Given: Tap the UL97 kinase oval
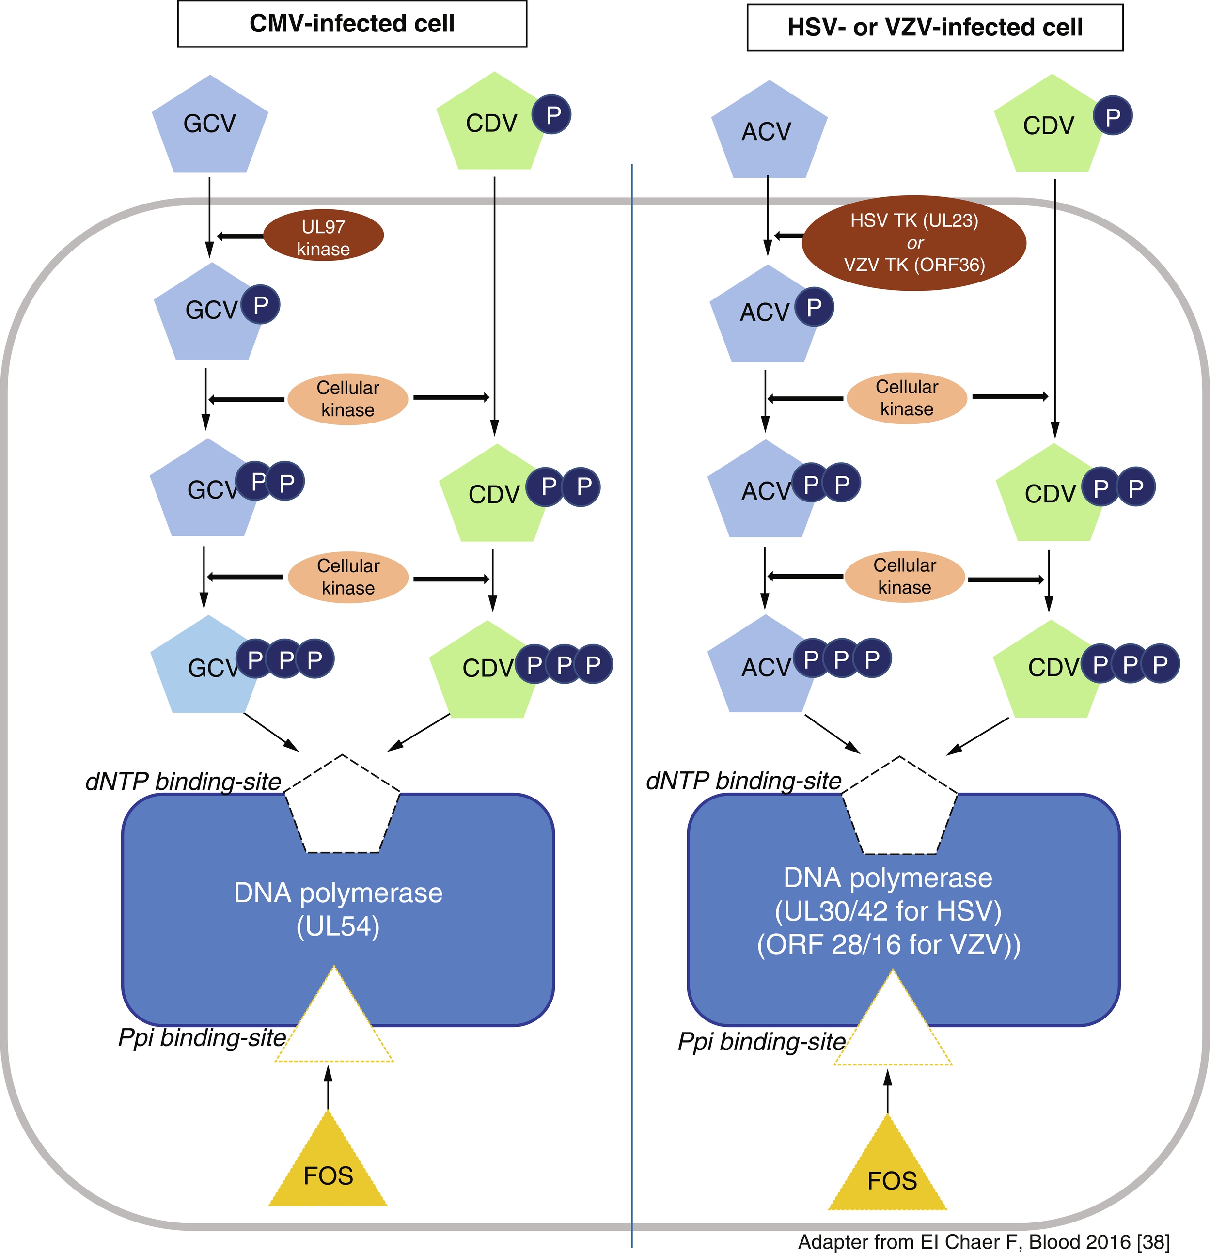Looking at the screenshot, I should point(323,236).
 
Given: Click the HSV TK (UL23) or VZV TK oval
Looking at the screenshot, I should point(914,243).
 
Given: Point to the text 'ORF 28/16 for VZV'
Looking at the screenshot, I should point(889,944).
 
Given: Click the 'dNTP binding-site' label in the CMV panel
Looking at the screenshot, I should point(184,781).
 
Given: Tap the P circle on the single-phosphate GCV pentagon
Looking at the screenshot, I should point(260,305).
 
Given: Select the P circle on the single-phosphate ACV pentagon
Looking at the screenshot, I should point(814,308).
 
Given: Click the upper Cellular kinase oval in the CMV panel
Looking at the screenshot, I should point(348,399).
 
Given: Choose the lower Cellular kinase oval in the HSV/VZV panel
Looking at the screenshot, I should point(904,577).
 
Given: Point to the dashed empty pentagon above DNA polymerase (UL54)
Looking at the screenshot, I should point(342,807).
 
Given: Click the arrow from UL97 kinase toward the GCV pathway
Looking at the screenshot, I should point(240,236).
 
